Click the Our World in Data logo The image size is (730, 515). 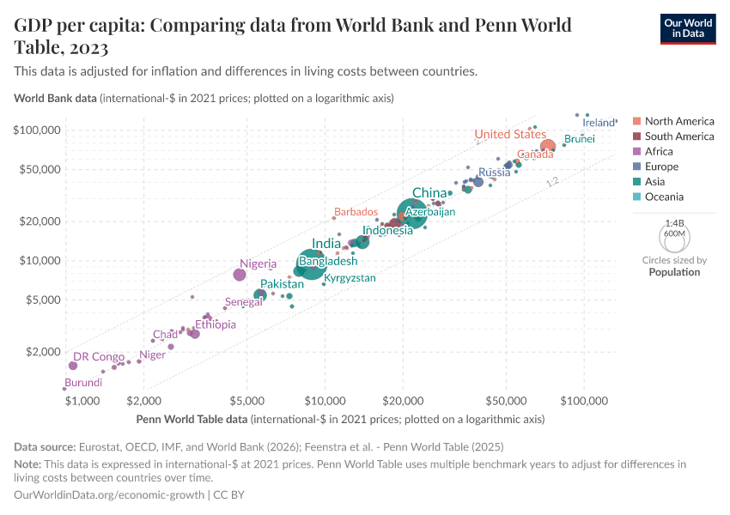[687, 27]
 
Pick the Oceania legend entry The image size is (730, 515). [665, 197]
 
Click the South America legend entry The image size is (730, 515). [678, 136]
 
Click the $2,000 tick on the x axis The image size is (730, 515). [145, 400]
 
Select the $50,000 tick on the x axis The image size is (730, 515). [505, 400]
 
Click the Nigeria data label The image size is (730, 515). [258, 264]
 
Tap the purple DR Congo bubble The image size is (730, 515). [73, 366]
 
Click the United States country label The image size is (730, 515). [510, 134]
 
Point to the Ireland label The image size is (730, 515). [599, 123]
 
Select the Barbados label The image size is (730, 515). [356, 212]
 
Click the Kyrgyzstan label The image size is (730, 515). [350, 278]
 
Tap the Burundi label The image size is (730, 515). [83, 383]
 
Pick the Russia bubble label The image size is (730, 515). [495, 173]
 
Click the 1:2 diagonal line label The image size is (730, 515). [552, 181]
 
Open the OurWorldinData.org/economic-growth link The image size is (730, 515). [109, 495]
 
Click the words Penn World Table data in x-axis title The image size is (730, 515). [192, 420]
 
